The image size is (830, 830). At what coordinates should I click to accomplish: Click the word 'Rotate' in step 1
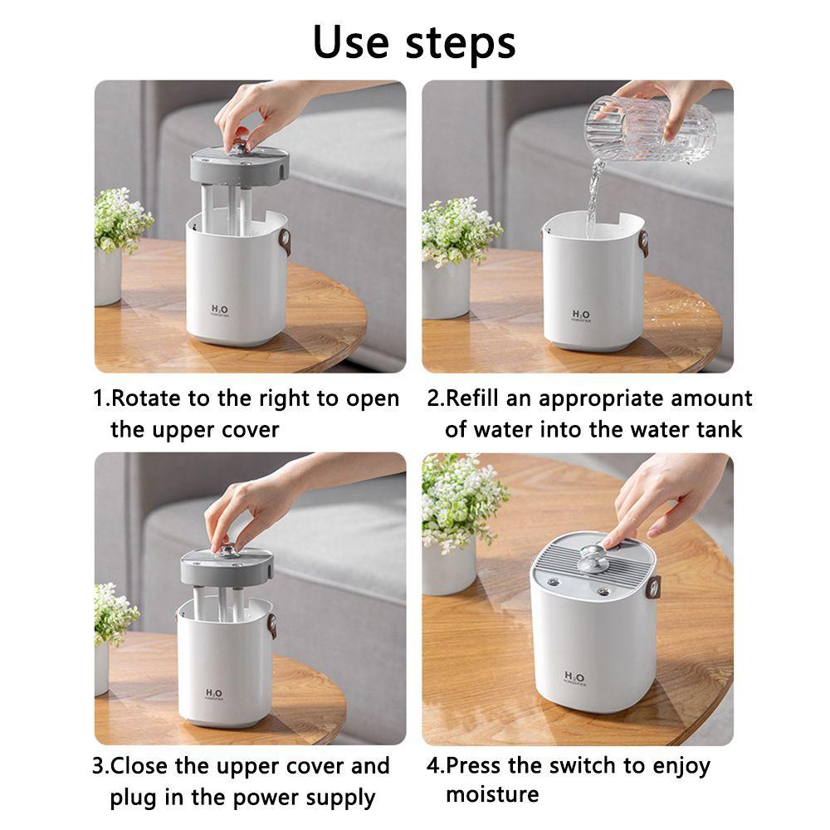click(x=147, y=398)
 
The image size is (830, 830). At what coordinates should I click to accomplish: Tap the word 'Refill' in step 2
click(x=475, y=398)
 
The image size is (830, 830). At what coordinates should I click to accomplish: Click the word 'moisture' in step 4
click(x=492, y=794)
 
